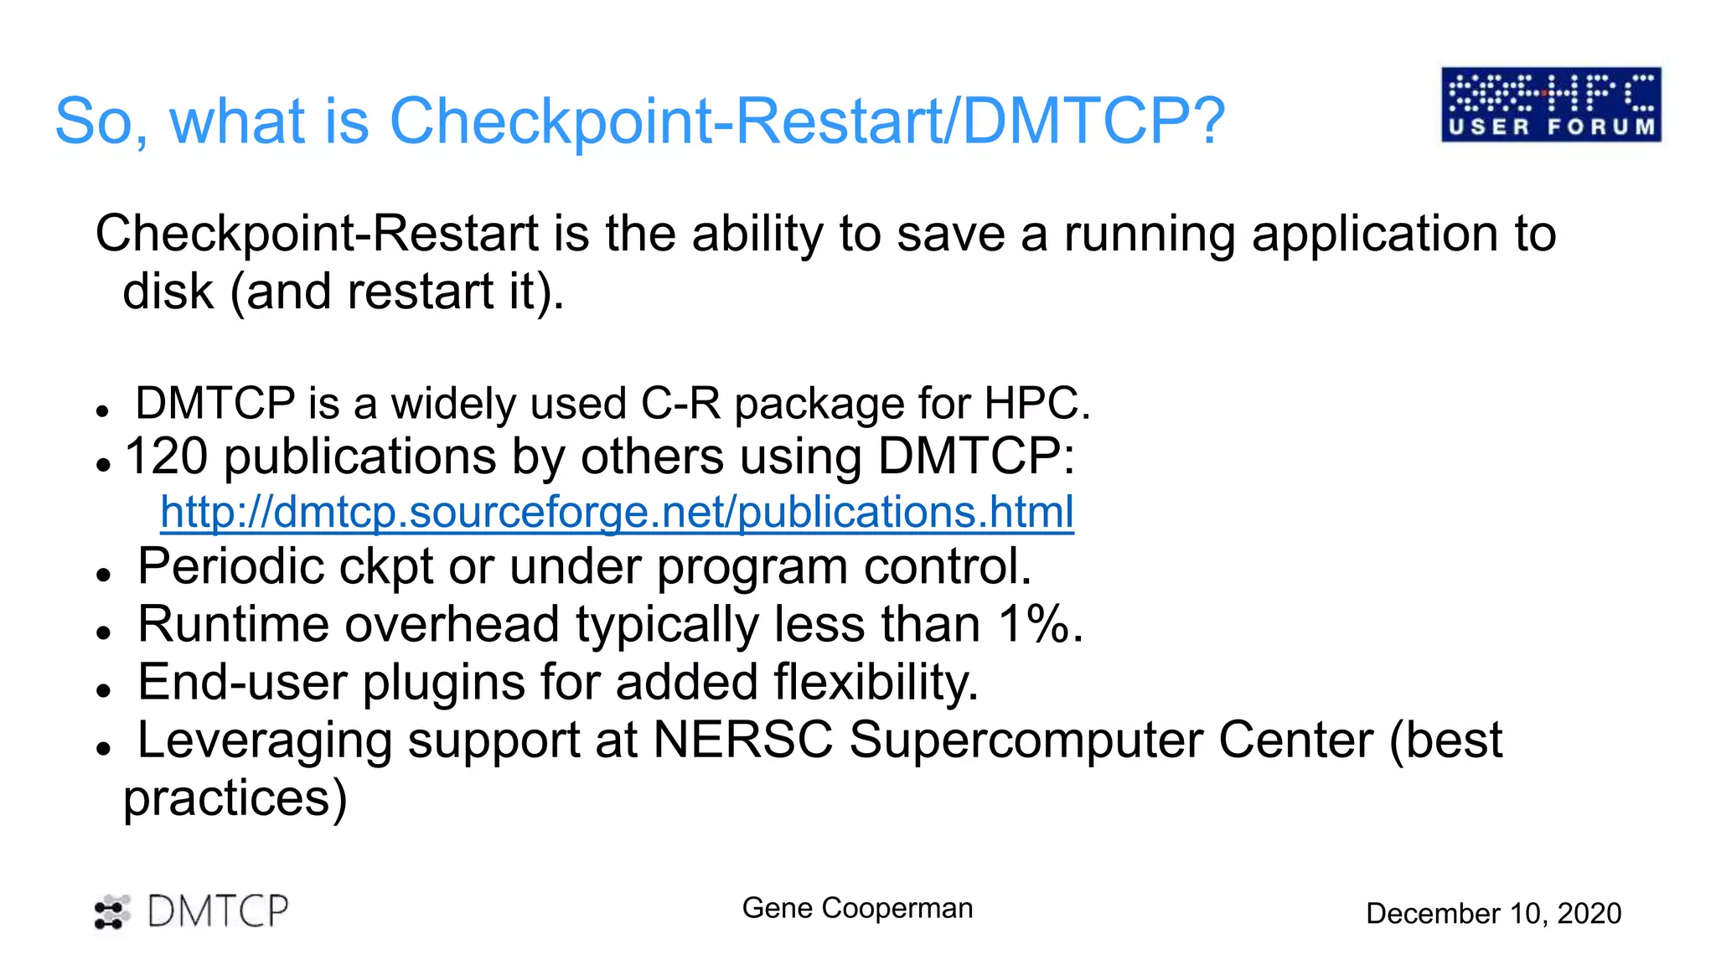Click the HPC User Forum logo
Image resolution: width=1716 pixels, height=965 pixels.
(x=1551, y=105)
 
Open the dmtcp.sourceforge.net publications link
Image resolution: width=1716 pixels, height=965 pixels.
(x=617, y=512)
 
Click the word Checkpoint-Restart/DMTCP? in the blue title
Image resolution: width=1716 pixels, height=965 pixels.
(x=807, y=121)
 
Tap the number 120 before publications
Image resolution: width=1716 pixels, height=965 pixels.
(x=166, y=457)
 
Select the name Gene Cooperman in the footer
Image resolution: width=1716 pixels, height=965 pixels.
(x=857, y=908)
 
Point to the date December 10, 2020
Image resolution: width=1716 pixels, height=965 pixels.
(x=1493, y=913)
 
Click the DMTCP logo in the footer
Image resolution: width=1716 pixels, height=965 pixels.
(x=192, y=911)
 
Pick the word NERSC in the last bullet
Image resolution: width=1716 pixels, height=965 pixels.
(x=742, y=741)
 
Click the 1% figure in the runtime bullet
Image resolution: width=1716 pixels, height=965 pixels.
(x=1040, y=625)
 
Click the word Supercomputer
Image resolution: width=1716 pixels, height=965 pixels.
(x=1026, y=741)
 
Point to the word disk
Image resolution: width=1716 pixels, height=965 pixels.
(x=168, y=292)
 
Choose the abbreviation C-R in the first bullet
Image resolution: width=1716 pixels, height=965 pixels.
(x=680, y=404)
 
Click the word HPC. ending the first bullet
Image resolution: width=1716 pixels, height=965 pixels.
(x=1037, y=404)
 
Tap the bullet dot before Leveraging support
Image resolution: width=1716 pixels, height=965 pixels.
(x=103, y=749)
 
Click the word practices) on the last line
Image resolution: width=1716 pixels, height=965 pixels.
(x=235, y=798)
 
